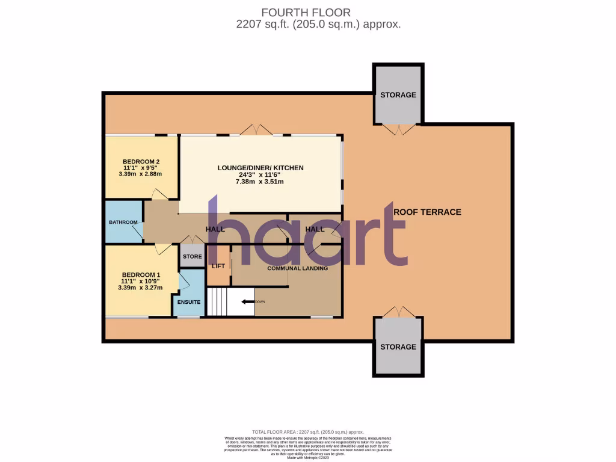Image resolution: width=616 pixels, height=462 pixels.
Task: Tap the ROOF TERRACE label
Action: tap(427, 212)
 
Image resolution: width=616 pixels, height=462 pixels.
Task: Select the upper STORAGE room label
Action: tap(398, 95)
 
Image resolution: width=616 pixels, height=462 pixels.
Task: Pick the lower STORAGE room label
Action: tap(398, 346)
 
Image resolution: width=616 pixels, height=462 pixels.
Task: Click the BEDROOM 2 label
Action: tap(141, 161)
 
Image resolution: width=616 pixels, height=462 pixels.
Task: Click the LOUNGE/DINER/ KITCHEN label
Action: tap(260, 168)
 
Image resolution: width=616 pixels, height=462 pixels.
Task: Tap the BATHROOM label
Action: tap(123, 222)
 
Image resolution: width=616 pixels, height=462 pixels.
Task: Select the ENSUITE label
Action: tap(188, 301)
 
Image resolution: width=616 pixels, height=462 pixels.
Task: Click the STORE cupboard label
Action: tap(192, 256)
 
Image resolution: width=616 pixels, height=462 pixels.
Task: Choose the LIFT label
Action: tap(218, 265)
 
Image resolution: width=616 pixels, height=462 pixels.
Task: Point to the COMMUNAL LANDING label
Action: tap(297, 268)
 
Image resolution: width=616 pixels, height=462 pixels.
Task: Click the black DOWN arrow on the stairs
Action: tap(248, 301)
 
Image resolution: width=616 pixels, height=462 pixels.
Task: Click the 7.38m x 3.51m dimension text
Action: tap(260, 182)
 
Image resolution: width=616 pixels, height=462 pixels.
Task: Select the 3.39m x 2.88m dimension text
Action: tap(141, 174)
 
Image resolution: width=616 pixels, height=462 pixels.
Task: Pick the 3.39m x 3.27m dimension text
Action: tap(141, 287)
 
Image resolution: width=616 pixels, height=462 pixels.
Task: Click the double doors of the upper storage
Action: tap(398, 129)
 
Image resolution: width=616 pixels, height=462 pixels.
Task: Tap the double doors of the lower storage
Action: tap(398, 312)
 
